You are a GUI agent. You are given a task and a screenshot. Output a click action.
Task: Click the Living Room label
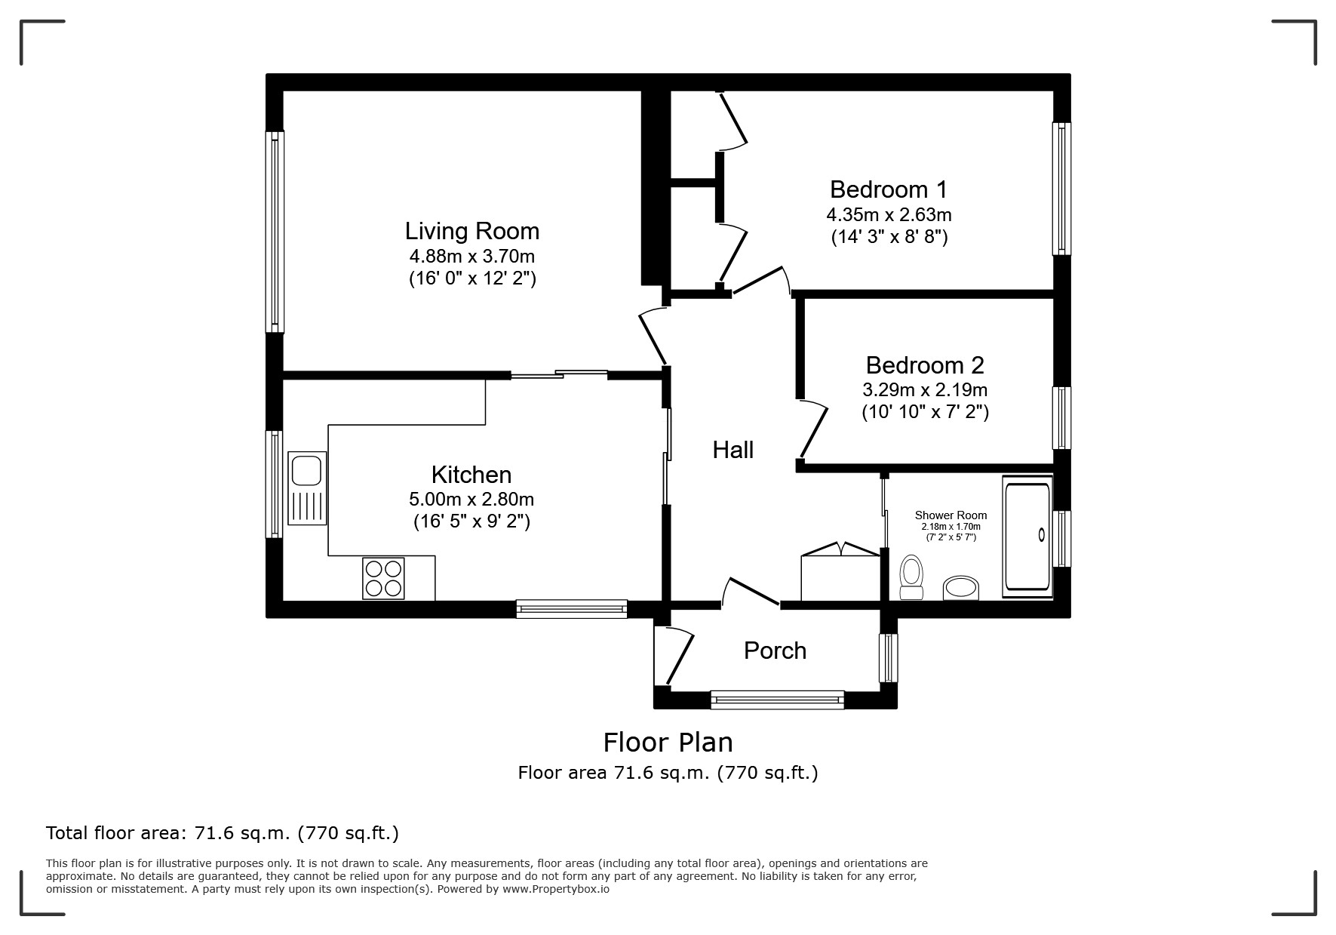[472, 231]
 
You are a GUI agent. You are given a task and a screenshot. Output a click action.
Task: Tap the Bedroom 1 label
[889, 189]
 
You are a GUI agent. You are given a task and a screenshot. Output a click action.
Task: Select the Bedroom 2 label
[925, 365]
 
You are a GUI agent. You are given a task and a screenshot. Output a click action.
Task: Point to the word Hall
[733, 450]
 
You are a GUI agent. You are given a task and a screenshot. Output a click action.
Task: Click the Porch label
[775, 651]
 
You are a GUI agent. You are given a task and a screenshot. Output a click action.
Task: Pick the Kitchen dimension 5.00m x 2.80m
[471, 499]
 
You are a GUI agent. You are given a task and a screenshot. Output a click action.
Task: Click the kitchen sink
[307, 488]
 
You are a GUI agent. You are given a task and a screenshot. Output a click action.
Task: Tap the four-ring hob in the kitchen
[383, 578]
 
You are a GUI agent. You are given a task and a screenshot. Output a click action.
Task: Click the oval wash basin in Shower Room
[961, 588]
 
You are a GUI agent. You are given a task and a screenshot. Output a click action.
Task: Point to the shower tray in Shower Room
[1027, 537]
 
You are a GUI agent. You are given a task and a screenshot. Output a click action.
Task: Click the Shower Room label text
[951, 515]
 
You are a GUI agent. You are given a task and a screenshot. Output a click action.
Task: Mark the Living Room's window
[275, 232]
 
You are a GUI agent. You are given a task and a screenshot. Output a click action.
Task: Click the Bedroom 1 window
[1061, 189]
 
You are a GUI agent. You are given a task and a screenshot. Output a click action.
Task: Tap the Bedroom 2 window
[1061, 419]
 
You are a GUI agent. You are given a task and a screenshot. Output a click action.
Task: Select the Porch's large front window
[777, 700]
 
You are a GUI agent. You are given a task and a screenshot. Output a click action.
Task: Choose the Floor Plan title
[668, 743]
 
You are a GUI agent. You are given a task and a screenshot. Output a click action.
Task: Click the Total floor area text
[223, 833]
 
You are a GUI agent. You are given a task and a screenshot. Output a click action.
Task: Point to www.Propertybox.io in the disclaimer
[556, 889]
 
